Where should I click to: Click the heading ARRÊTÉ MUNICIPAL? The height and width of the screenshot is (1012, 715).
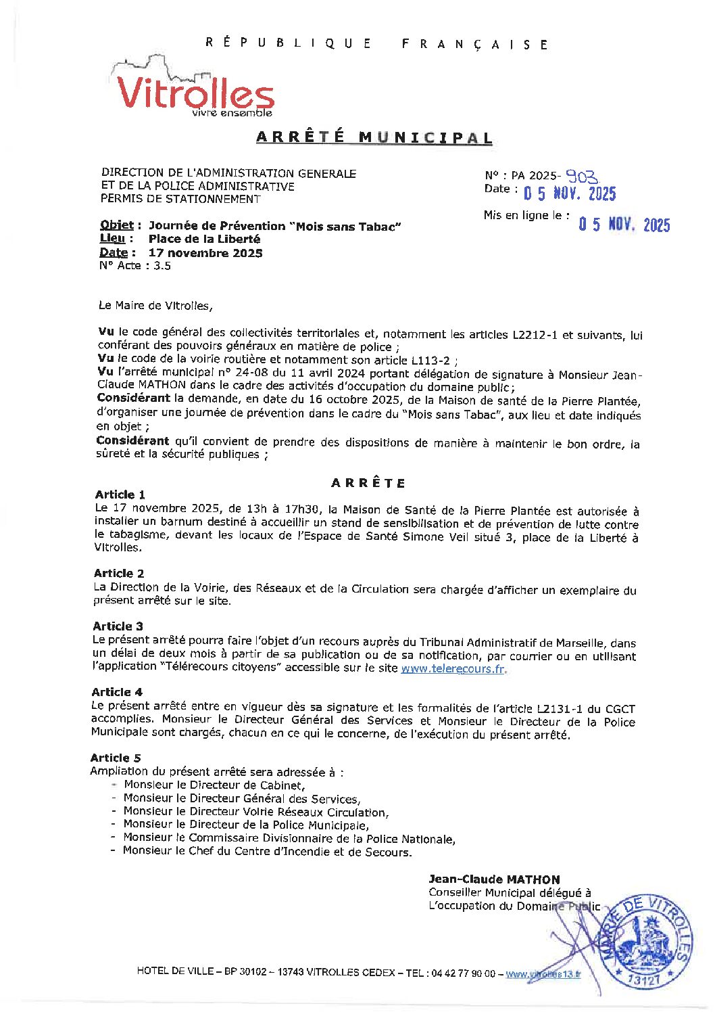pos(374,137)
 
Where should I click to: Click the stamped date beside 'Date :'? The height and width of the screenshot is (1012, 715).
pos(570,194)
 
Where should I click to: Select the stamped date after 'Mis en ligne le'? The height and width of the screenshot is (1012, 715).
pos(624,225)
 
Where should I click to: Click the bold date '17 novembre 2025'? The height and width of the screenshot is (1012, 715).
pos(205,253)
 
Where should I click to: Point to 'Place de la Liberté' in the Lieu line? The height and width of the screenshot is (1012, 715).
pos(204,239)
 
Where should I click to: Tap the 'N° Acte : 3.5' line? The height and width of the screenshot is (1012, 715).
pos(134,266)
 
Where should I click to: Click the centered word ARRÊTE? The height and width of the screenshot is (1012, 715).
pos(368,483)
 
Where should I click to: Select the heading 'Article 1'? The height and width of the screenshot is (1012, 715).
pos(120,495)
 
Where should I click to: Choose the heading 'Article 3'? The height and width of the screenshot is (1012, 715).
pos(118,626)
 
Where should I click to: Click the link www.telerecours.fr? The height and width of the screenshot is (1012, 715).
pos(453,669)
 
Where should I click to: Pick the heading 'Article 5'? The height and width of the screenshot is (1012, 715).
pos(116,758)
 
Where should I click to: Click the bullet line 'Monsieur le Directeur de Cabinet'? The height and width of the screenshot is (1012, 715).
pos(214,785)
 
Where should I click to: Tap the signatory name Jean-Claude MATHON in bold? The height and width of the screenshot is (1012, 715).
pos(494,879)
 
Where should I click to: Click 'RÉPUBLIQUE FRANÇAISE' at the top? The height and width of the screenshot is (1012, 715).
pos(376,44)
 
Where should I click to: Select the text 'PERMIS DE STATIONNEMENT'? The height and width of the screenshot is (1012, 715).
pos(180,199)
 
